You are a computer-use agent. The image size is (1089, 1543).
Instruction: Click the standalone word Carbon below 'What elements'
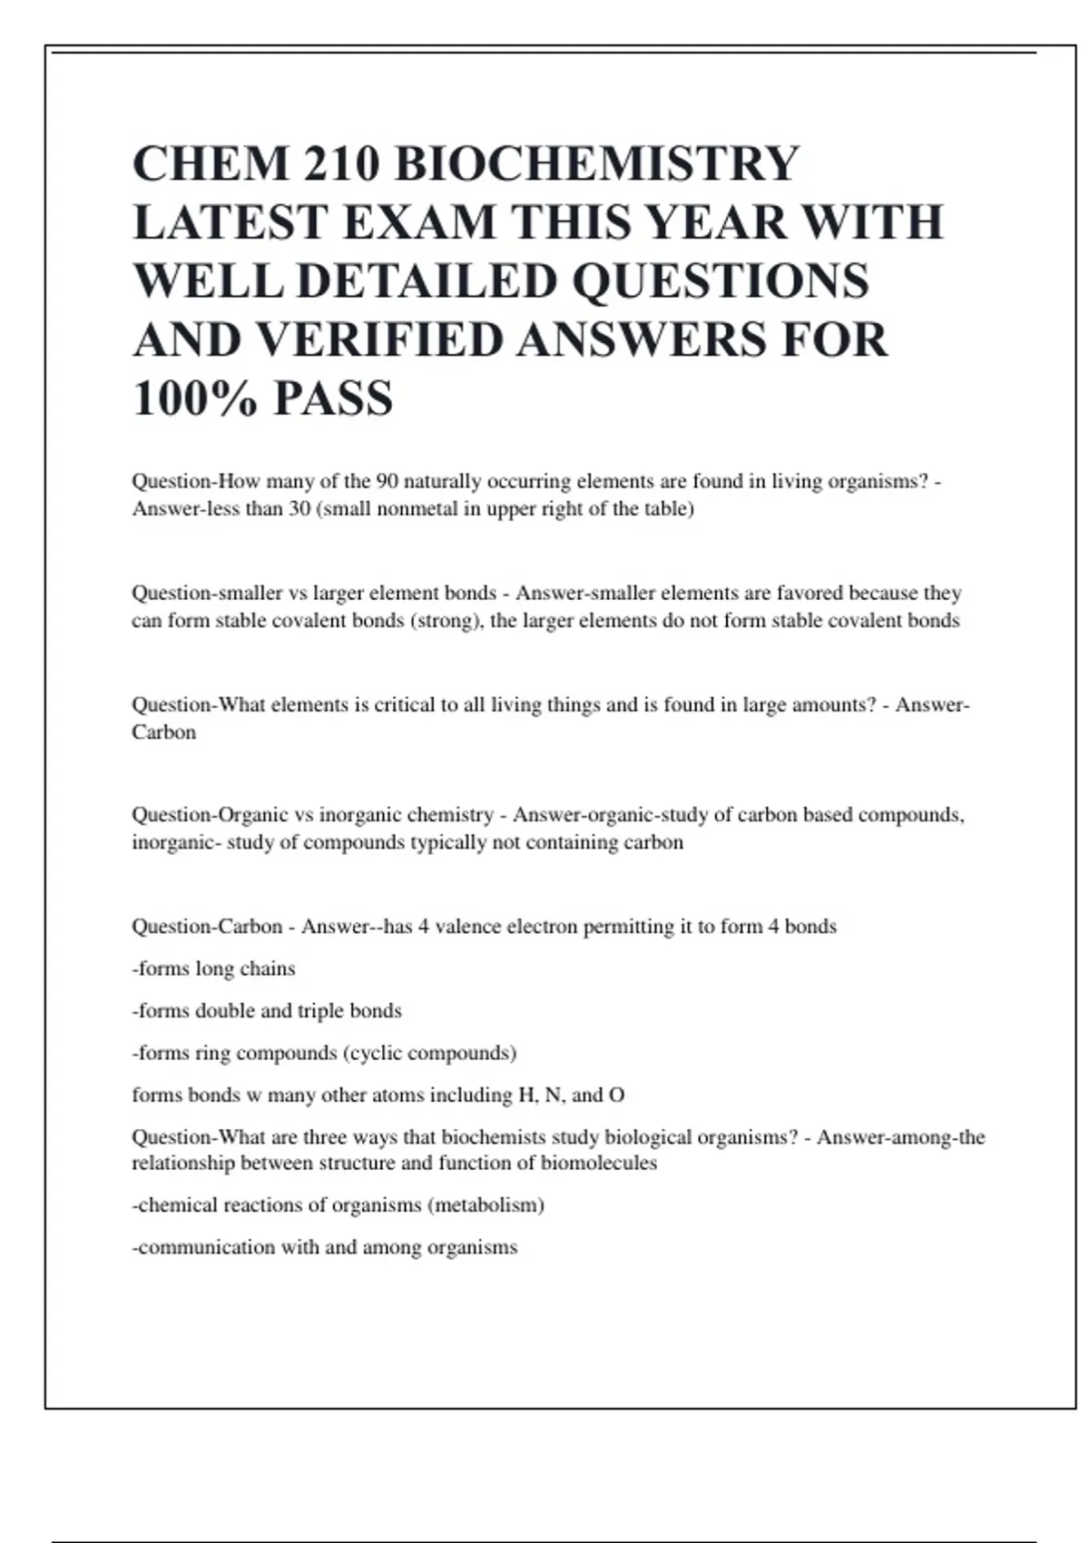pyautogui.click(x=164, y=732)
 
